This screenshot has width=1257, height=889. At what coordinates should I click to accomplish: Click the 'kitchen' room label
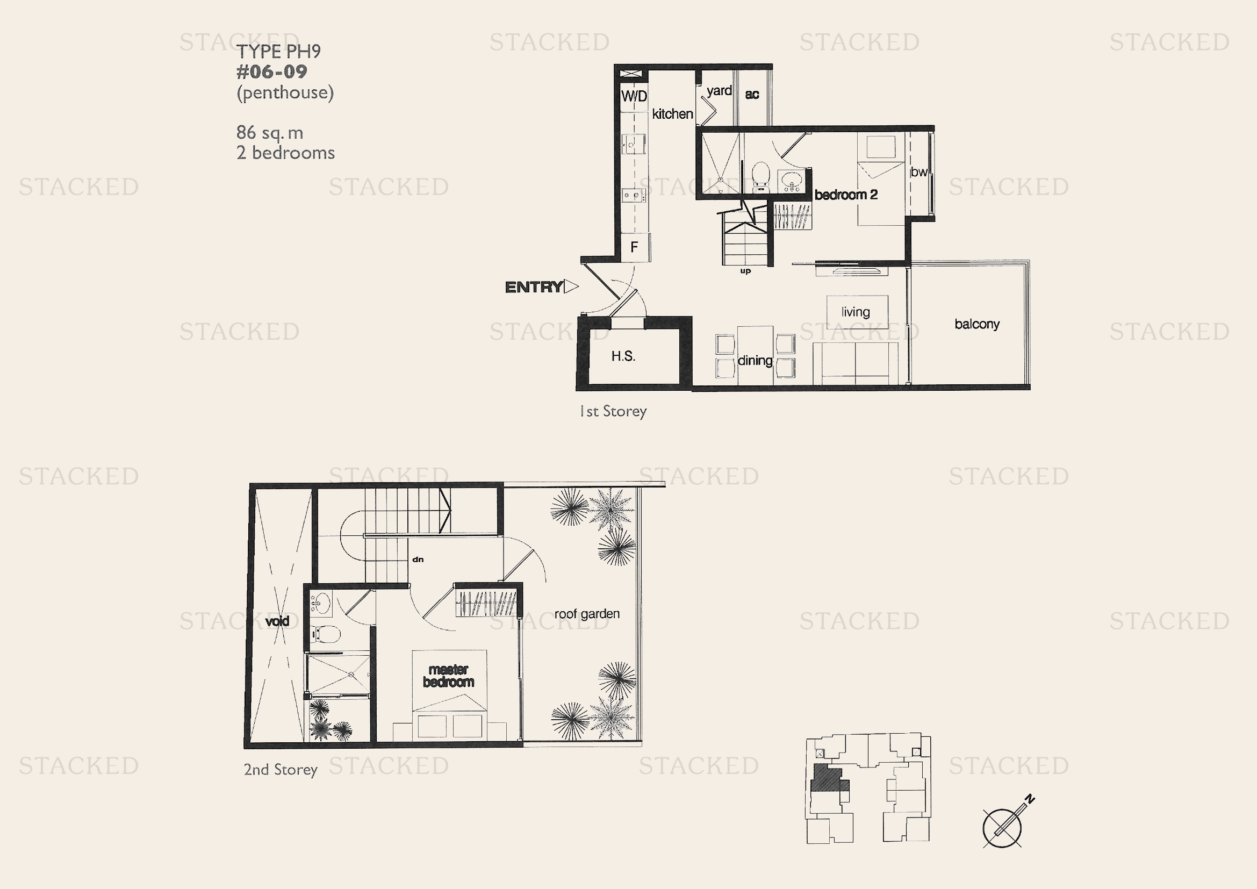(672, 114)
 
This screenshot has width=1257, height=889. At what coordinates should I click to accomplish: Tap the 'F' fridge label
(634, 247)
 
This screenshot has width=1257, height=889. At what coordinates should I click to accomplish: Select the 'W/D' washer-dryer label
(634, 96)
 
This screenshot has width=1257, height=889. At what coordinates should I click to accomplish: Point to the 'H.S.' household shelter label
(623, 356)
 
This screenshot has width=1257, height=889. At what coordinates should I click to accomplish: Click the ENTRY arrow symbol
(571, 286)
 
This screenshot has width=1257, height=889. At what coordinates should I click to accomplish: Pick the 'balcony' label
(976, 324)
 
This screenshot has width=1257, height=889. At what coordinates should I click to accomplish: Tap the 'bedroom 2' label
(846, 195)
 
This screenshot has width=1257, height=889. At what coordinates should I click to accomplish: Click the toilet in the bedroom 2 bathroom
(761, 176)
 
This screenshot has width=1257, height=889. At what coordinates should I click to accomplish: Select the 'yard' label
(719, 91)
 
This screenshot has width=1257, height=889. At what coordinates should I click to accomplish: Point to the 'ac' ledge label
(752, 94)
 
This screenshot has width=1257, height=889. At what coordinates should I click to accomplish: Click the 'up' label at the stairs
(745, 271)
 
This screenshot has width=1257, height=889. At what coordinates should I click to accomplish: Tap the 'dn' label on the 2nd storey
(418, 560)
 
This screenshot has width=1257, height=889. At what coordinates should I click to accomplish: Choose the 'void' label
(277, 621)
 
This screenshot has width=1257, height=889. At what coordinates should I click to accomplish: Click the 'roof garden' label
(587, 614)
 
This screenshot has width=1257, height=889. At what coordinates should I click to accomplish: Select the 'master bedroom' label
(448, 676)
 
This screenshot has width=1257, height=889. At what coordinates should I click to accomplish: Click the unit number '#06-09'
(271, 71)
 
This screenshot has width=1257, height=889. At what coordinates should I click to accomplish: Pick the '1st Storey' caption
(613, 411)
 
